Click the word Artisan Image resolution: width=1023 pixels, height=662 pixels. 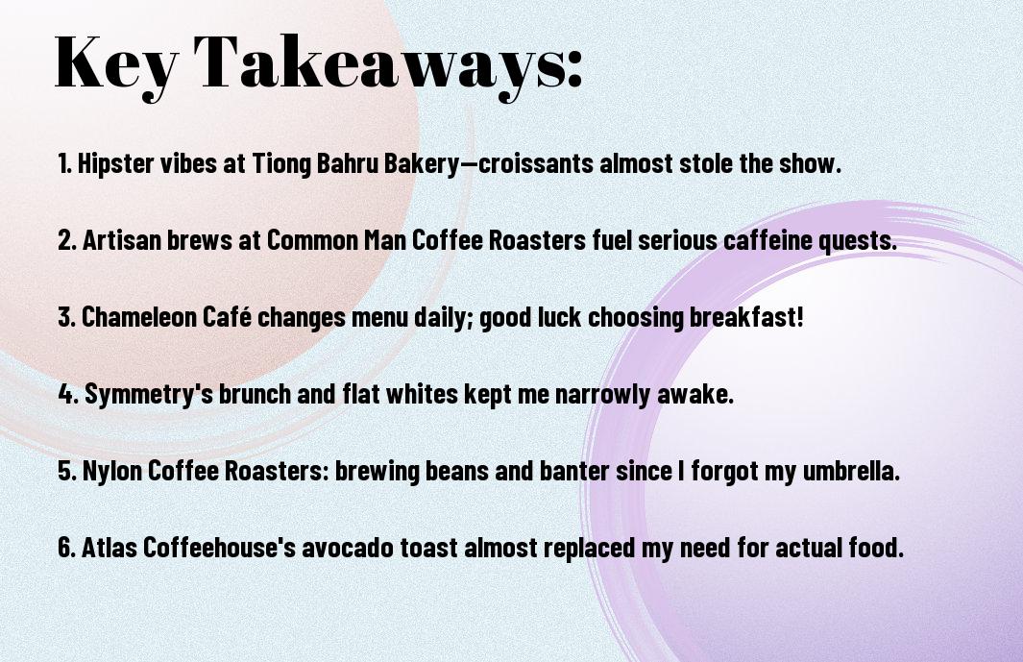(x=122, y=240)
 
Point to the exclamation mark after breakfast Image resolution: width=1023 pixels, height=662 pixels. (x=800, y=317)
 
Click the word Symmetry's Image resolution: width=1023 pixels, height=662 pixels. (x=149, y=395)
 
